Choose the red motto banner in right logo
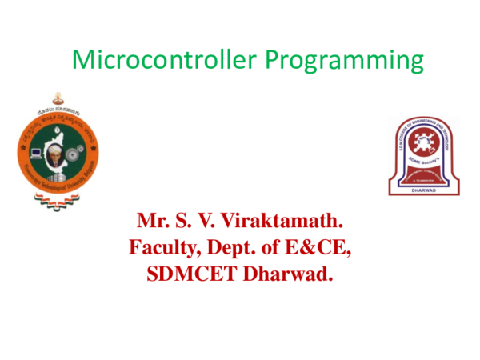[425, 176]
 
